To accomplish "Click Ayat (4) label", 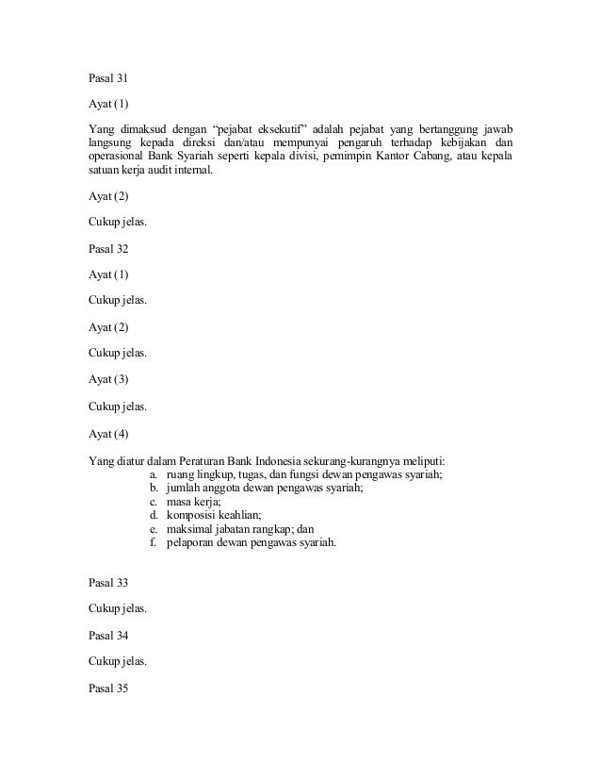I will (107, 434).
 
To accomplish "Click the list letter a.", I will (154, 474).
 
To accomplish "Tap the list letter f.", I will (153, 543).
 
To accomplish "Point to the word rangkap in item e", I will (273, 529).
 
